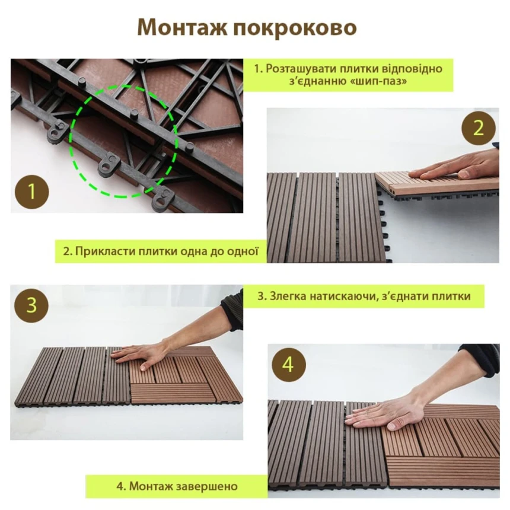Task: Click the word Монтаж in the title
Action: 182,27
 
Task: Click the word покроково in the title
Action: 295,28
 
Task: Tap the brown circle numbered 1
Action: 32,191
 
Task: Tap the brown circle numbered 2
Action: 479,128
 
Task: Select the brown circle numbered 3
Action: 31,306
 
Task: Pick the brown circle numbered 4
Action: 289,364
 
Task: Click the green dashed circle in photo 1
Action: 71,141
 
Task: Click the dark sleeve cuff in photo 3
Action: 232,313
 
